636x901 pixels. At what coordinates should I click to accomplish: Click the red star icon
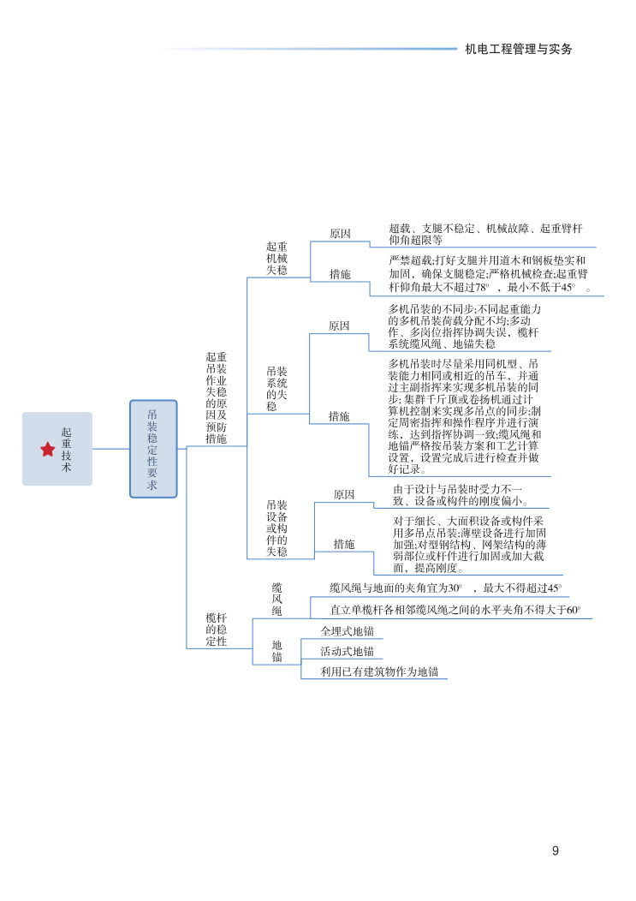click(x=47, y=449)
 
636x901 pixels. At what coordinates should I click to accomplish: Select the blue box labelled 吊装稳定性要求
click(x=153, y=449)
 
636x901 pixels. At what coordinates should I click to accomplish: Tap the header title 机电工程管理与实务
click(x=518, y=49)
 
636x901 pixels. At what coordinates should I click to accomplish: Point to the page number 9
click(x=556, y=850)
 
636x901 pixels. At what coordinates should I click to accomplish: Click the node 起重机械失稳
click(x=276, y=258)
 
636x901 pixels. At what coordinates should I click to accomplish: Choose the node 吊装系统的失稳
click(x=276, y=389)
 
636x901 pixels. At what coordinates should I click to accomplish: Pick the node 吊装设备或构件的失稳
click(x=276, y=528)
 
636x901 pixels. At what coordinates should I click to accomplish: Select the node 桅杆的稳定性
click(x=217, y=629)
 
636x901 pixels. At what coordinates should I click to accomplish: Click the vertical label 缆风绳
click(x=277, y=599)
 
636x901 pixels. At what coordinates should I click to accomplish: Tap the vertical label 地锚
click(x=277, y=651)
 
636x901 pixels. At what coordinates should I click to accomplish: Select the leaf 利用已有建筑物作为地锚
click(x=379, y=672)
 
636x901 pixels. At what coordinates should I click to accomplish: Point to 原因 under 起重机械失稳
click(x=340, y=234)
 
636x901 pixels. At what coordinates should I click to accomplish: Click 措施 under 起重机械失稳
click(x=340, y=275)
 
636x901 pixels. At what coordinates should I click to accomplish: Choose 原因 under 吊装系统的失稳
click(x=339, y=326)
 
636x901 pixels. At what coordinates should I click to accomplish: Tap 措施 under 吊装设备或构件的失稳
click(x=344, y=544)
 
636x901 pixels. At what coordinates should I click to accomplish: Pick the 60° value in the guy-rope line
click(x=574, y=611)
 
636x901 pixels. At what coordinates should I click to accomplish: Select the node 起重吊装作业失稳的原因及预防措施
click(x=217, y=397)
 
